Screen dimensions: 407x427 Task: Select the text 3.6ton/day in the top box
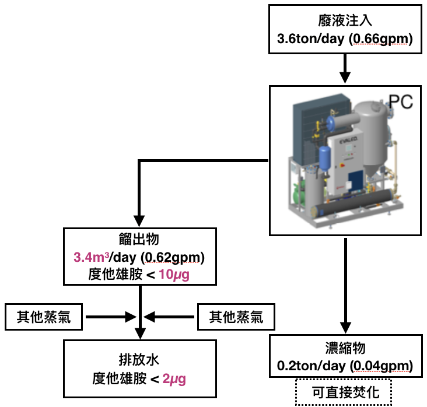(x=310, y=40)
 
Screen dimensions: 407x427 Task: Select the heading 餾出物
(x=140, y=240)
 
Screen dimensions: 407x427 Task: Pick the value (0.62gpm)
(x=175, y=257)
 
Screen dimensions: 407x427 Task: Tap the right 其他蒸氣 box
(x=236, y=317)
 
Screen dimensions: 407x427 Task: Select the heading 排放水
(x=140, y=360)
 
